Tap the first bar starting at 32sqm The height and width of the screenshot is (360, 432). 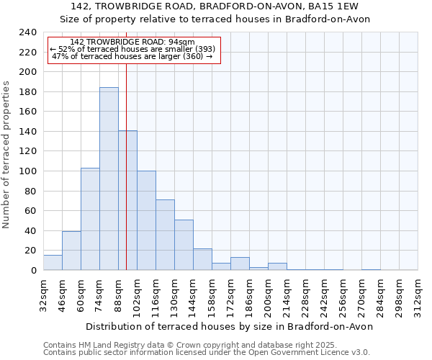53,263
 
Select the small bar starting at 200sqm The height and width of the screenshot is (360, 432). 277,266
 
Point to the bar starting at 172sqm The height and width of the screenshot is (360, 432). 240,264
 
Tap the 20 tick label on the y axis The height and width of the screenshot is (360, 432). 31,251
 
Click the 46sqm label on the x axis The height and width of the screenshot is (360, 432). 62,294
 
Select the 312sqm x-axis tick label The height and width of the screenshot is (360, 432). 418,297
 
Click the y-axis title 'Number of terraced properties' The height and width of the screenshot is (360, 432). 6,154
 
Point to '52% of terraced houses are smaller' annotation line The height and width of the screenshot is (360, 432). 132,49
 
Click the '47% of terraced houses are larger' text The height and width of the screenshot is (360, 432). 132,56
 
